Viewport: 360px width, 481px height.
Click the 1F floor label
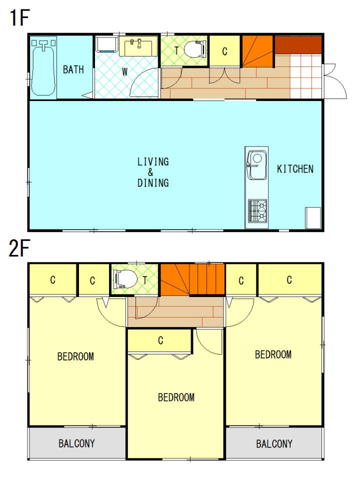pyautogui.click(x=19, y=17)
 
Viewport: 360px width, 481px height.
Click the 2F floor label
pyautogui.click(x=19, y=248)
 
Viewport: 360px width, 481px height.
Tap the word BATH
pyautogui.click(x=73, y=69)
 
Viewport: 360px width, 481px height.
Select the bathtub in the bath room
pyautogui.click(x=43, y=67)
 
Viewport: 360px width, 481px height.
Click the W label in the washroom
pyautogui.click(x=124, y=72)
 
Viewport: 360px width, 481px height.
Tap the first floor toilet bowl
pyautogui.click(x=194, y=48)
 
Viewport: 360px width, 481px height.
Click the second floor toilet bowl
pyautogui.click(x=125, y=279)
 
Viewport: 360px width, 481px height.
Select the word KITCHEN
pyautogui.click(x=295, y=169)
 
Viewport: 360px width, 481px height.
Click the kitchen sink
pyautogui.click(x=256, y=165)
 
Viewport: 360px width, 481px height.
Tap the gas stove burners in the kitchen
pyautogui.click(x=257, y=210)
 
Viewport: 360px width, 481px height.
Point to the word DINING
pyautogui.click(x=153, y=183)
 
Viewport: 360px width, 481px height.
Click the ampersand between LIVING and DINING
pyautogui.click(x=150, y=172)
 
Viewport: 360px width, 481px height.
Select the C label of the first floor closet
pyautogui.click(x=224, y=51)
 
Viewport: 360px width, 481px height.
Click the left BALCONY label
pyautogui.click(x=76, y=443)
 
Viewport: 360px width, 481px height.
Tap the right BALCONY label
pyautogui.click(x=274, y=443)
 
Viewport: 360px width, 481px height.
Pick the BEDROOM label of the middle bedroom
pyautogui.click(x=176, y=397)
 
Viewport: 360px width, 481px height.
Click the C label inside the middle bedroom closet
pyautogui.click(x=160, y=340)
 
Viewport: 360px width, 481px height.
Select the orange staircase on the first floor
pyautogui.click(x=257, y=51)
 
